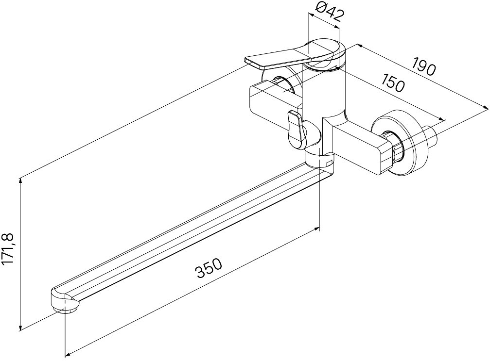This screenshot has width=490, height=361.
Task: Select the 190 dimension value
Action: (423, 66)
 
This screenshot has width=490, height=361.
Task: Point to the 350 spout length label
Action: (209, 268)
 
